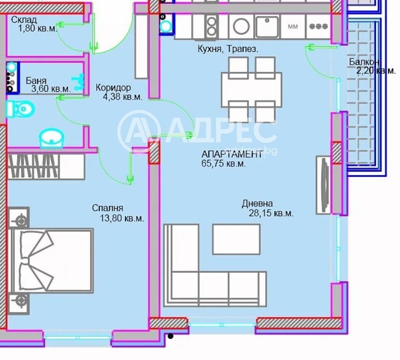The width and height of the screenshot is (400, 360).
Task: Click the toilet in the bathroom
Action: pyautogui.click(x=20, y=109)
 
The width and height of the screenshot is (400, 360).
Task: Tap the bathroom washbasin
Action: pyautogui.click(x=51, y=138)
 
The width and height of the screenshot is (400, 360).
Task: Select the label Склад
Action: pyautogui.click(x=24, y=20)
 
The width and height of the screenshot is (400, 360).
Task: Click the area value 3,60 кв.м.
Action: pyautogui.click(x=51, y=89)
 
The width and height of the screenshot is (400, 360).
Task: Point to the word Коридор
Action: pyautogui.click(x=113, y=88)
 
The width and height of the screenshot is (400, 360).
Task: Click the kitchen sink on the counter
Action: pyautogui.click(x=267, y=26)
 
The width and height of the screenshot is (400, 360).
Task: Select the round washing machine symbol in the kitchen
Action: pyautogui.click(x=241, y=26)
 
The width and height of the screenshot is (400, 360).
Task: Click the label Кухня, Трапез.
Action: pyautogui.click(x=228, y=49)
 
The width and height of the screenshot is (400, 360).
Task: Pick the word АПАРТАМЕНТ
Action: pyautogui.click(x=232, y=154)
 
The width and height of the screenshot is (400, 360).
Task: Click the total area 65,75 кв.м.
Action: pyautogui.click(x=224, y=164)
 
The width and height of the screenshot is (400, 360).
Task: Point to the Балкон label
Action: pyautogui.click(x=364, y=62)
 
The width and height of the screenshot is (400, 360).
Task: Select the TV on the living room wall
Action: pyautogui.click(x=324, y=185)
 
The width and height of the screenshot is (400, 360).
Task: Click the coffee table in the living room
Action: pyautogui.click(x=236, y=239)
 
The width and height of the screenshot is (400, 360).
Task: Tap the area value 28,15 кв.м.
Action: pyautogui.click(x=271, y=213)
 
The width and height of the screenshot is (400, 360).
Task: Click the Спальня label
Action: pyautogui.click(x=107, y=208)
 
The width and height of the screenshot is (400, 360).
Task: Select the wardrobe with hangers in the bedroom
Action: pyautogui.click(x=46, y=167)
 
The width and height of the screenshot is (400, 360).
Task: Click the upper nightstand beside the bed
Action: pyautogui.click(x=19, y=218)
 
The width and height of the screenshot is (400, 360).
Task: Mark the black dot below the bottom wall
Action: pyautogui.click(x=170, y=336)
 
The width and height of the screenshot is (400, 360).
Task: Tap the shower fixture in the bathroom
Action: pyautogui.click(x=78, y=82)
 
